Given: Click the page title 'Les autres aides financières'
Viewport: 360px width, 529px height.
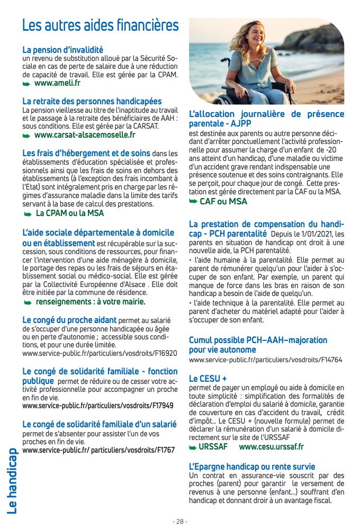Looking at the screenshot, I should pyautogui.click(x=100, y=25).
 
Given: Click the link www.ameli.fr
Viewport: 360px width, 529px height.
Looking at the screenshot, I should pyautogui.click(x=57, y=83).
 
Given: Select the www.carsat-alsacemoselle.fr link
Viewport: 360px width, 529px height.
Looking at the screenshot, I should pyautogui.click(x=85, y=135).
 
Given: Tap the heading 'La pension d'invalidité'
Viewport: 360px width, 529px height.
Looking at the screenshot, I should pyautogui.click(x=62, y=50).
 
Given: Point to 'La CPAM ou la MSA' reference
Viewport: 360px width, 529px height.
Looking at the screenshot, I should pyautogui.click(x=70, y=213).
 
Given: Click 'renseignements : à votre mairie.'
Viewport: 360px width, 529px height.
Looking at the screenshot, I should pyautogui.click(x=90, y=302).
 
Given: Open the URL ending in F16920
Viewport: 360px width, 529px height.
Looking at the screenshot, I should pyautogui.click(x=100, y=352).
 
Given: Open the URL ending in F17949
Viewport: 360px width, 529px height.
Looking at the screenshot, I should pyautogui.click(x=98, y=406).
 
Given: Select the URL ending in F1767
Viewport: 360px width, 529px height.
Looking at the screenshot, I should pyautogui.click(x=98, y=450).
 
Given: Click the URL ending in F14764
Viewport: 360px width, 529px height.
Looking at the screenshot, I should pyautogui.click(x=265, y=360).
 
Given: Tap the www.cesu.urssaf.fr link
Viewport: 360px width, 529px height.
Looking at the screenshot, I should pyautogui.click(x=271, y=447).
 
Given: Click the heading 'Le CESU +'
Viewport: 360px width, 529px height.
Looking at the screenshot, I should pyautogui.click(x=208, y=379).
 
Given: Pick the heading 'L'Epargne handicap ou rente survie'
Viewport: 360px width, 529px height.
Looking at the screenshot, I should pyautogui.click(x=252, y=467).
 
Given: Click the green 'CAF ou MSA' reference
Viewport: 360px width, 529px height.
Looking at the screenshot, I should pyautogui.click(x=223, y=201).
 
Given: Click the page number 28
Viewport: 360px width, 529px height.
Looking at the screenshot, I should pyautogui.click(x=180, y=521).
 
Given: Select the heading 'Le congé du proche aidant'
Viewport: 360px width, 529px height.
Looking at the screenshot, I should pyautogui.click(x=70, y=320).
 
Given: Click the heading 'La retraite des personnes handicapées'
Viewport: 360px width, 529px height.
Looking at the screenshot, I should pyautogui.click(x=92, y=101).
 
